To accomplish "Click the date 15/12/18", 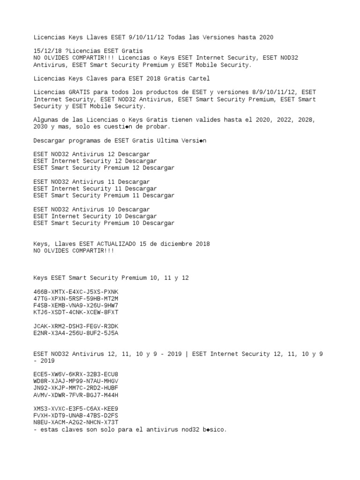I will [x=47, y=51].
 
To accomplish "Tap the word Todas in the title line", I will [x=176, y=37].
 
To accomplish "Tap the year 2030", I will [x=40, y=127].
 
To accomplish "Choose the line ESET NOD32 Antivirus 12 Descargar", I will [x=92, y=154].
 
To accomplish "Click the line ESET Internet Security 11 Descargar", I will [x=95, y=189].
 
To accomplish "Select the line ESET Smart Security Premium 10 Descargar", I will [x=104, y=223].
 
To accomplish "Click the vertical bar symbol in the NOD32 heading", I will [x=187, y=354].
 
